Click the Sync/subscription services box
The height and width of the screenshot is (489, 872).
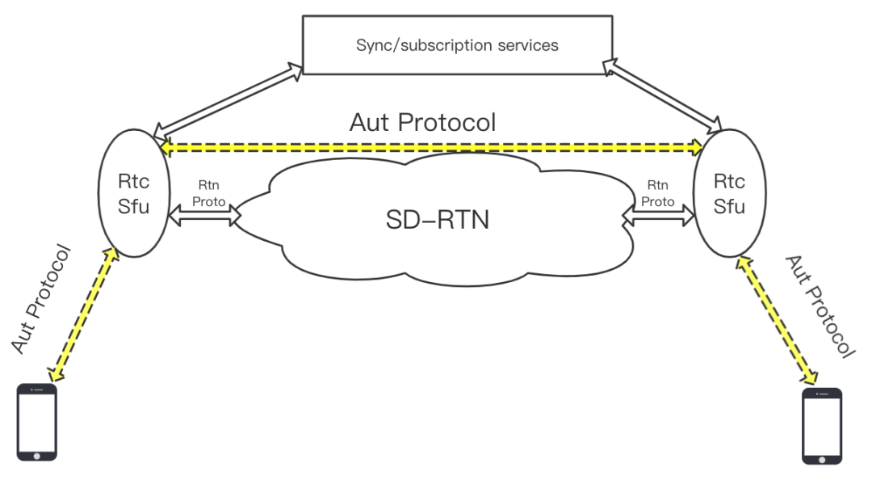point(457,45)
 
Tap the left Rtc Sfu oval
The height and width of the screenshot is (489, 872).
point(134,194)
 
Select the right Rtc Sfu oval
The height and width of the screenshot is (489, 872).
point(729,194)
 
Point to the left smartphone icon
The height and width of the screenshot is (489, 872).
point(37,422)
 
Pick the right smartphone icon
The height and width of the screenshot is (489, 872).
point(821,426)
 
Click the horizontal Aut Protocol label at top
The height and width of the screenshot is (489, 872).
point(422,122)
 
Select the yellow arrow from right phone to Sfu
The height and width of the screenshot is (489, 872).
point(778,320)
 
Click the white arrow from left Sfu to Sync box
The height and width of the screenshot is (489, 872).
point(228,100)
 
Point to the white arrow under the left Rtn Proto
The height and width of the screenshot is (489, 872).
point(206,215)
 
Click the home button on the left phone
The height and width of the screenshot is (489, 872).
point(37,454)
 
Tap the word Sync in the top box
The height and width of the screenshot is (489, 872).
point(374,45)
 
